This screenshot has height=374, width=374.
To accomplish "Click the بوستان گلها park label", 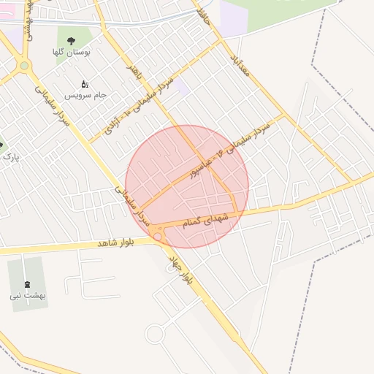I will (70, 52).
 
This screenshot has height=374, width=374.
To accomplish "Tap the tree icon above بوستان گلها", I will (71, 40).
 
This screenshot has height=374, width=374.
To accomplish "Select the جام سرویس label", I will (85, 96).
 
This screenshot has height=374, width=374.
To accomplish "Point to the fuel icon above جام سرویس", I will (85, 84).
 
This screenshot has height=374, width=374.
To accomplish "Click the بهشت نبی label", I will (28, 296).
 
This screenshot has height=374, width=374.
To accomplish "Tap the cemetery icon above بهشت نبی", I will (28, 284).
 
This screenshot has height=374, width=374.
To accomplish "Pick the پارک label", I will (10, 156).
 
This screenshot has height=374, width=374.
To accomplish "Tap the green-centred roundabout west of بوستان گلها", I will (25, 66).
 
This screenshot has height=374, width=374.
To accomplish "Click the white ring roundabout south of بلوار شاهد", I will (155, 335).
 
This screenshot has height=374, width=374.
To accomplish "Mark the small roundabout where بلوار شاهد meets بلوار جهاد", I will (157, 236).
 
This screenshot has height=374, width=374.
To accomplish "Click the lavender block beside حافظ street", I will (234, 18).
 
